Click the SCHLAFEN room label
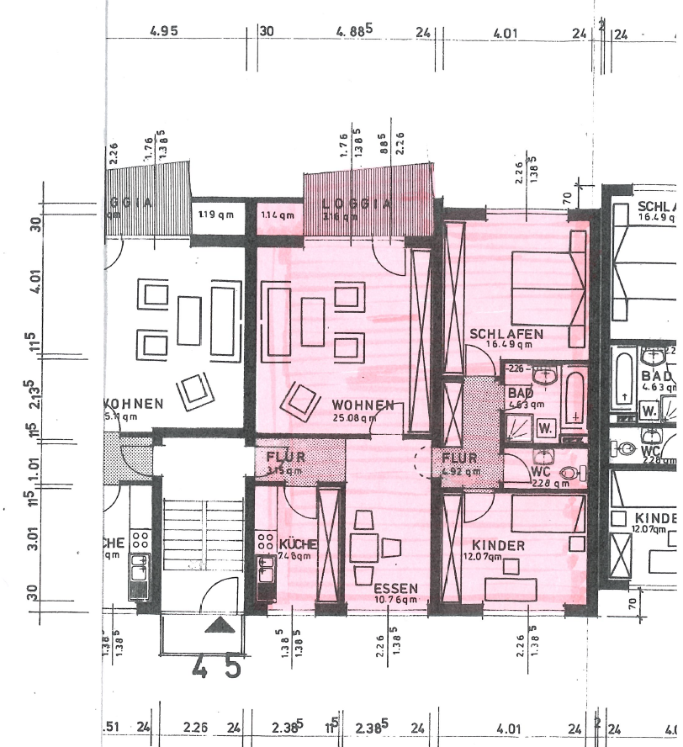tap(506, 334)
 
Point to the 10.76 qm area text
tap(395, 600)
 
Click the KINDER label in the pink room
tap(498, 546)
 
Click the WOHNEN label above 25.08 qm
tap(363, 405)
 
